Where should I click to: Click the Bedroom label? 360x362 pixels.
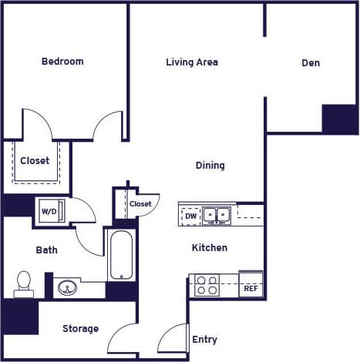point(62,62)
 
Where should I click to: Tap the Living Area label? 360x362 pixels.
point(192,62)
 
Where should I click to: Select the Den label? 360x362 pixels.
point(311,63)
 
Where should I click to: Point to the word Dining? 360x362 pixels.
point(210,166)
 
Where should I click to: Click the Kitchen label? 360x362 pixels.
point(210,248)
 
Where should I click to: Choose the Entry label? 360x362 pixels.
point(205,340)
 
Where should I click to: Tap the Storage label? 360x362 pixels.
point(80,329)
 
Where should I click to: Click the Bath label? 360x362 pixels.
point(46,250)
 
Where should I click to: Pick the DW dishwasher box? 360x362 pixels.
point(190,217)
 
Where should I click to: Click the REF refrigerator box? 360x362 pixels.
point(251,287)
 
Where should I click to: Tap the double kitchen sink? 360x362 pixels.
point(217,215)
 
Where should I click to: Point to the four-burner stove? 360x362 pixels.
point(207,286)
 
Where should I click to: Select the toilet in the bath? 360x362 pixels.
point(23,283)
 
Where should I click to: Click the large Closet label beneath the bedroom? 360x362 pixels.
point(35,161)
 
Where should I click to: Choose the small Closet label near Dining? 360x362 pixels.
point(140,204)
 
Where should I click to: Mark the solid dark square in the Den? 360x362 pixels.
point(340,119)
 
